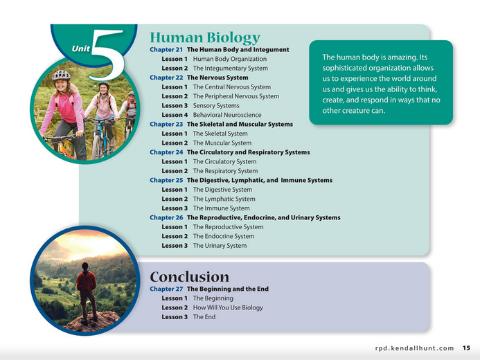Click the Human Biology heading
coord(205,37)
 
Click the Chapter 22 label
coord(166,78)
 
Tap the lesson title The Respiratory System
coord(225,171)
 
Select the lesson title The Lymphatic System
coord(223,199)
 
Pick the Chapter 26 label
coord(166,217)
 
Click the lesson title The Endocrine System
coord(223,236)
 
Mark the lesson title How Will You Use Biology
coord(228,307)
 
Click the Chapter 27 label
coord(166,289)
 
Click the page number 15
coord(467,348)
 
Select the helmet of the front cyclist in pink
coord(62,75)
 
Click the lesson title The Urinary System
coord(220,246)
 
